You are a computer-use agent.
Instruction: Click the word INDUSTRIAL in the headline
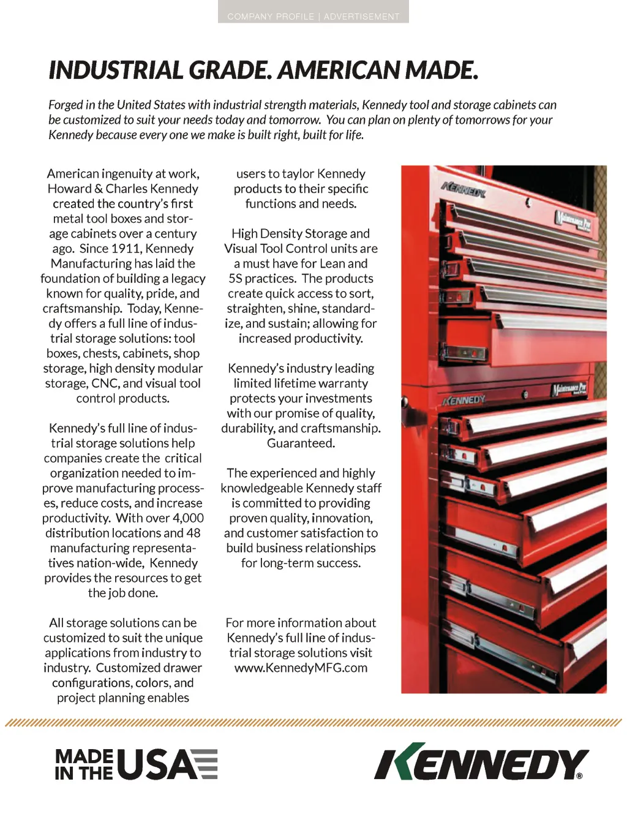[116, 70]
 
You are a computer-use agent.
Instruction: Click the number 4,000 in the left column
[188, 518]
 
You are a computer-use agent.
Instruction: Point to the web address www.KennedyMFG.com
[301, 668]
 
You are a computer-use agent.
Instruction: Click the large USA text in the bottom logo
[157, 764]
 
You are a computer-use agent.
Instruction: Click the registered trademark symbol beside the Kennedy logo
[579, 775]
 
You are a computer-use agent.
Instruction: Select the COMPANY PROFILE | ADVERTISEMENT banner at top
[313, 17]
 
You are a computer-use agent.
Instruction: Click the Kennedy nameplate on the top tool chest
[464, 190]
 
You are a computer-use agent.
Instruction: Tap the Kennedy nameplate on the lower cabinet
[464, 401]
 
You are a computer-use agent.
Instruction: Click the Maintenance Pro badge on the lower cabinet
[569, 389]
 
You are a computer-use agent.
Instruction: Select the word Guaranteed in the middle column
[301, 443]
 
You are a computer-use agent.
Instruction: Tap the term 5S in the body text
[236, 279]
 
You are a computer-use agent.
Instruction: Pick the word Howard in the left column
[69, 189]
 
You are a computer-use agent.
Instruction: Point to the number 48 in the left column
[193, 533]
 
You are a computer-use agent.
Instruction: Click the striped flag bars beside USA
[208, 764]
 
